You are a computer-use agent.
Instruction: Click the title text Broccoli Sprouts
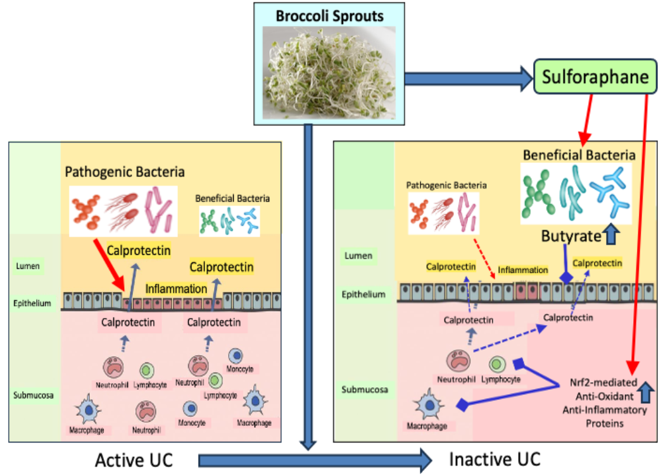[329, 15]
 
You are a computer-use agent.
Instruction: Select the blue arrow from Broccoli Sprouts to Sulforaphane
[469, 78]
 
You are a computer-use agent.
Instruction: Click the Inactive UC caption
[495, 458]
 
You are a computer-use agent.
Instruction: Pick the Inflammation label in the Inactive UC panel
[522, 270]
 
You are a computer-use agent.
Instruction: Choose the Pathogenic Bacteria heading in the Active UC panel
[125, 170]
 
